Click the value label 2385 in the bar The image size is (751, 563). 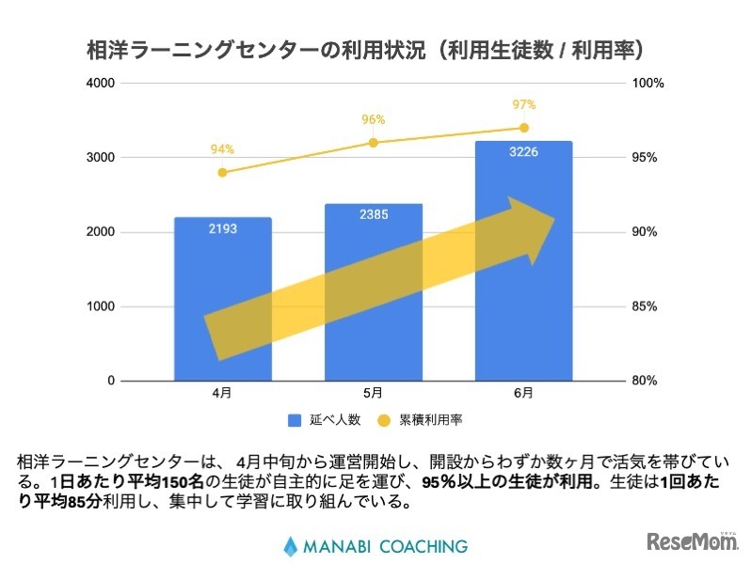click(x=373, y=215)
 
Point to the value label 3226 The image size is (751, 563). click(x=523, y=153)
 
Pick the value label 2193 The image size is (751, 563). click(x=222, y=229)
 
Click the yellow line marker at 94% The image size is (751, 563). click(x=222, y=172)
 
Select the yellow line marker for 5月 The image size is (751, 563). click(x=373, y=143)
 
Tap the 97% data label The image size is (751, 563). click(x=523, y=104)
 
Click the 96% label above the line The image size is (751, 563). click(x=373, y=119)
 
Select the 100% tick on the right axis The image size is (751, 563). click(x=648, y=83)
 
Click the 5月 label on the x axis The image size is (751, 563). click(x=373, y=393)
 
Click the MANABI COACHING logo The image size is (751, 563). click(x=375, y=545)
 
